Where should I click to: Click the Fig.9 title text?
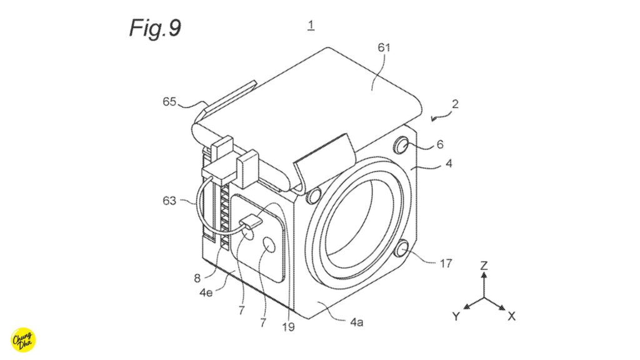click(x=155, y=27)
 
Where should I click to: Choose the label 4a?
click(x=357, y=322)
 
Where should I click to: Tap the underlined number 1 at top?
click(x=311, y=26)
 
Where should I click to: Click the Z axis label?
click(x=483, y=266)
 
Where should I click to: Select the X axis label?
click(x=511, y=317)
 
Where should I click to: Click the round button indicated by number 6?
click(x=402, y=147)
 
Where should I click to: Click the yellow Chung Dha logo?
click(x=24, y=339)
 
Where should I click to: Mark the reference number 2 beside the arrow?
click(x=456, y=104)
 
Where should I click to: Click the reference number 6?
click(x=439, y=144)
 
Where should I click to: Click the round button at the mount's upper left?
click(x=313, y=195)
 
